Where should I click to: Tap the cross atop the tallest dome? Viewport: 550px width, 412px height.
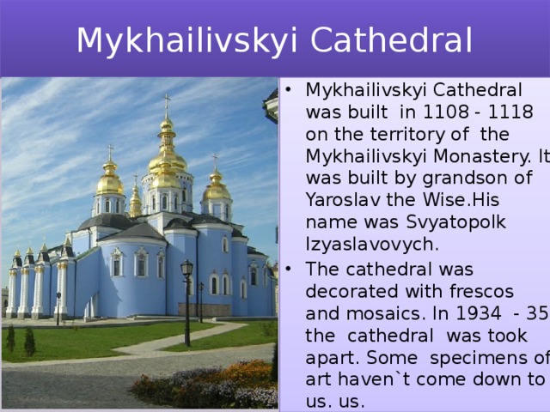coord(167,103)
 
